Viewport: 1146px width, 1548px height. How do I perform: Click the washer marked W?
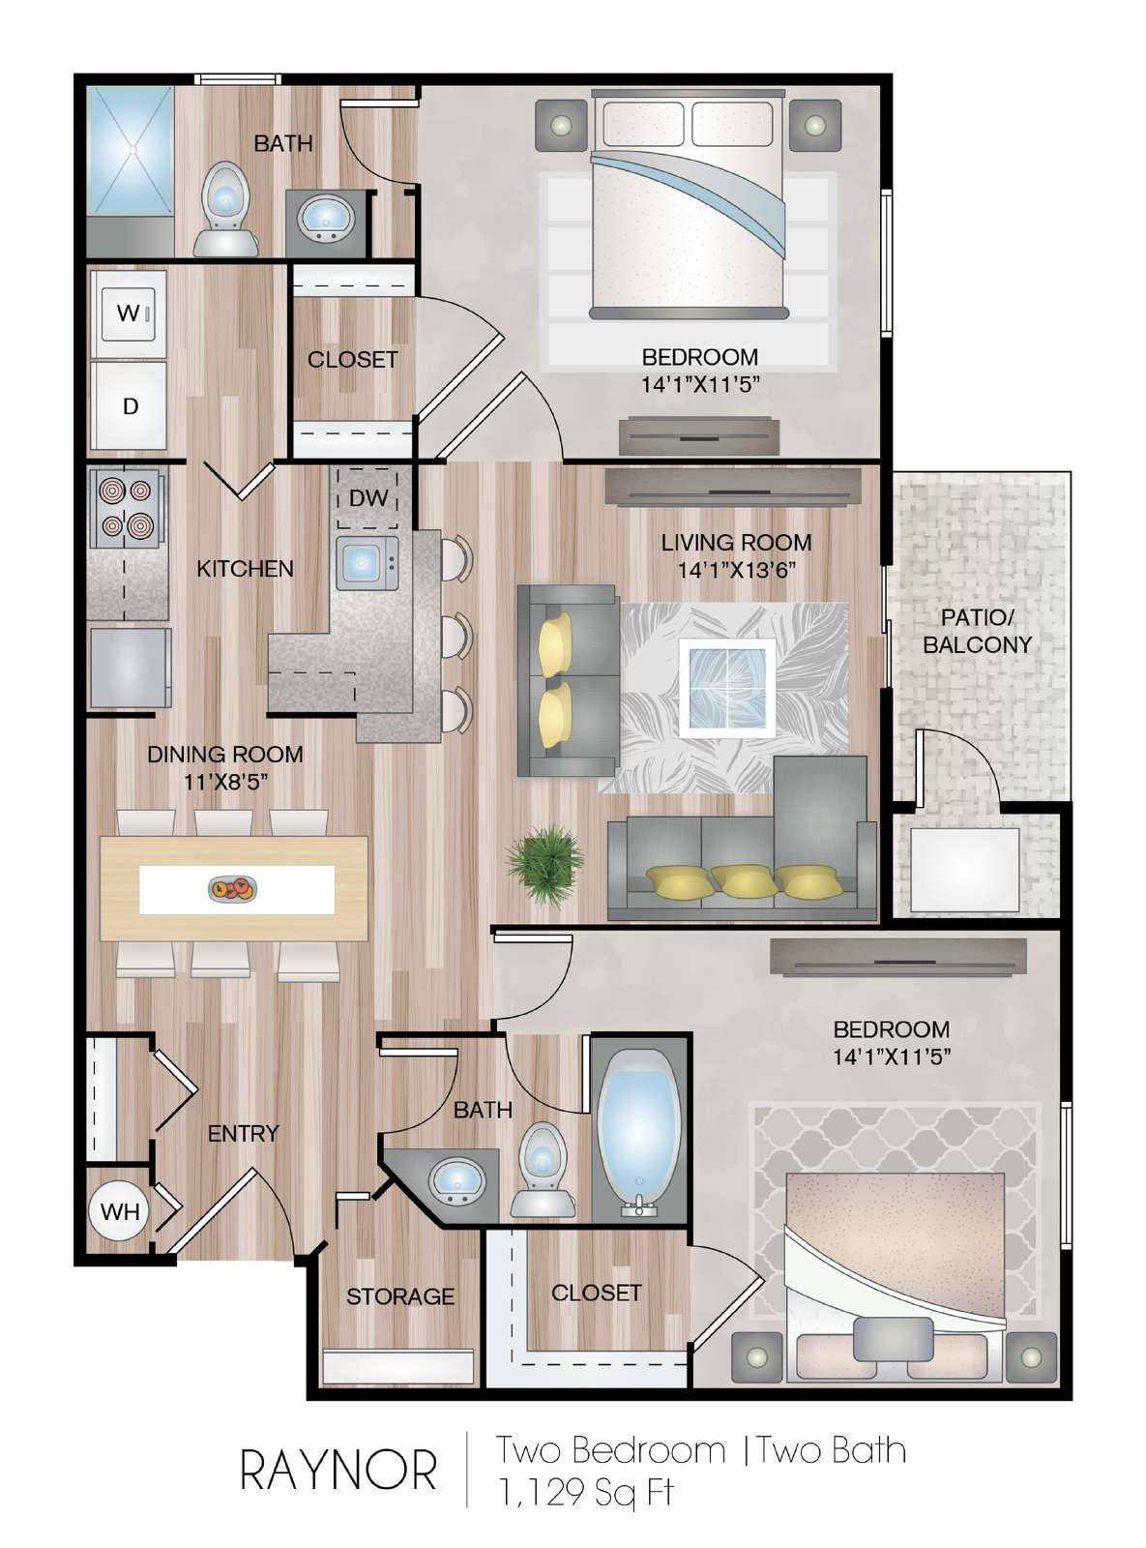pyautogui.click(x=130, y=313)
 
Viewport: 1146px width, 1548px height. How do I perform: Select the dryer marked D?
pyautogui.click(x=130, y=405)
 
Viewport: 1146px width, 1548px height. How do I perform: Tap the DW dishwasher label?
pyautogui.click(x=367, y=497)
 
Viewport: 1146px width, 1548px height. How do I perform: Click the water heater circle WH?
pyautogui.click(x=119, y=1211)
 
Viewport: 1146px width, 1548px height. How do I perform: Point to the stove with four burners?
pyautogui.click(x=127, y=507)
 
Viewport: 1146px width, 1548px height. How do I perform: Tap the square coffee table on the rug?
pyautogui.click(x=727, y=688)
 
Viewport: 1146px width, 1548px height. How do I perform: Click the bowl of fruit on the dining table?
pyautogui.click(x=233, y=888)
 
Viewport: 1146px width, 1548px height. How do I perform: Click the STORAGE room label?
pyautogui.click(x=400, y=1296)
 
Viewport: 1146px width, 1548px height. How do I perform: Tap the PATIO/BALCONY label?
pyautogui.click(x=977, y=631)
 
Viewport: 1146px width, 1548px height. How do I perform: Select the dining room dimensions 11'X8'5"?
pyautogui.click(x=225, y=782)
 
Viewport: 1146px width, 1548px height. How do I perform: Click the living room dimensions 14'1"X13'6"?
pyautogui.click(x=736, y=570)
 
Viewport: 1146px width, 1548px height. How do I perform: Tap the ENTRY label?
pyautogui.click(x=243, y=1134)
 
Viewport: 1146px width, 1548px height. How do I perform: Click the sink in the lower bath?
pyautogui.click(x=457, y=1182)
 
